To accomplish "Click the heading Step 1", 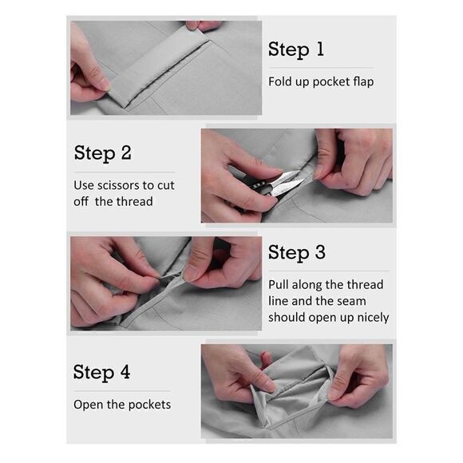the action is click(x=296, y=49).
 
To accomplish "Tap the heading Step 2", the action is click(x=103, y=153).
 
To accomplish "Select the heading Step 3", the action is click(x=297, y=253).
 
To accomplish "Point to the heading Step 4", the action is click(x=101, y=372).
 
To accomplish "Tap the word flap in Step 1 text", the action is click(x=361, y=81).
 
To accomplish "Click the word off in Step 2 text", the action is click(x=81, y=201).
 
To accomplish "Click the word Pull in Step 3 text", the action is click(x=279, y=285).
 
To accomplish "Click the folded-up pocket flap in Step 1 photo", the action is click(x=157, y=68).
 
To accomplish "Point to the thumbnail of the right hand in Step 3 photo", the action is click(x=192, y=272).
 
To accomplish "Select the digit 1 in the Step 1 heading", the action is click(x=320, y=49).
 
